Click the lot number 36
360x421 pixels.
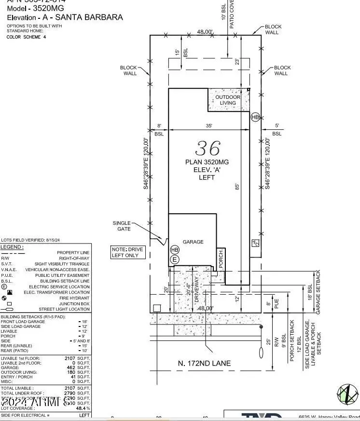click(208, 148)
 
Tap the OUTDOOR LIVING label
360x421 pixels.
click(228, 100)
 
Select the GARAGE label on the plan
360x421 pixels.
click(193, 242)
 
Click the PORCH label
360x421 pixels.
click(221, 260)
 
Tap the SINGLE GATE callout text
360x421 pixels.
click(122, 226)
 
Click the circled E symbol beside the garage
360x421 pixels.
click(175, 259)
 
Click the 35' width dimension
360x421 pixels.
click(208, 125)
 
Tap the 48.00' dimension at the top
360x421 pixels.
click(205, 32)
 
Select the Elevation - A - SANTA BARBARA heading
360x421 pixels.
click(65, 17)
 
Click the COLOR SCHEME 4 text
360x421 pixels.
click(26, 37)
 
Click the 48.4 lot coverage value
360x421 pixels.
click(82, 408)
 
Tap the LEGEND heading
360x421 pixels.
click(12, 247)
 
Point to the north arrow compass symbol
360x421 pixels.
click(347, 394)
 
